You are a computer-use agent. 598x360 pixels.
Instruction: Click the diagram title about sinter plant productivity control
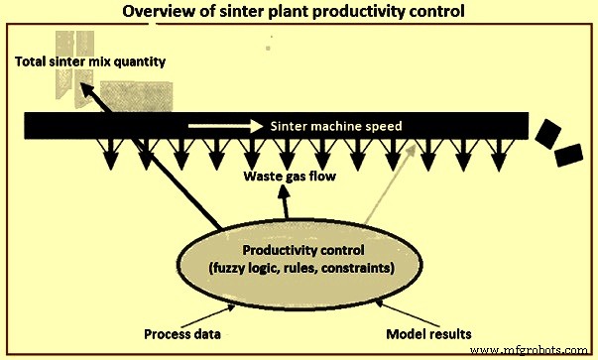pyautogui.click(x=298, y=13)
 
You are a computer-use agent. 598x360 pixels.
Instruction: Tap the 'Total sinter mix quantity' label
pyautogui.click(x=89, y=62)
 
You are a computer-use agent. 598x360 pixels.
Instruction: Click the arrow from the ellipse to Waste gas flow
pyautogui.click(x=287, y=206)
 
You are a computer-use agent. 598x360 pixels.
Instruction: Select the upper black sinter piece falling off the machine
pyautogui.click(x=546, y=132)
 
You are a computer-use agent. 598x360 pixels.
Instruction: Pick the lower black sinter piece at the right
pyautogui.click(x=567, y=157)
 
